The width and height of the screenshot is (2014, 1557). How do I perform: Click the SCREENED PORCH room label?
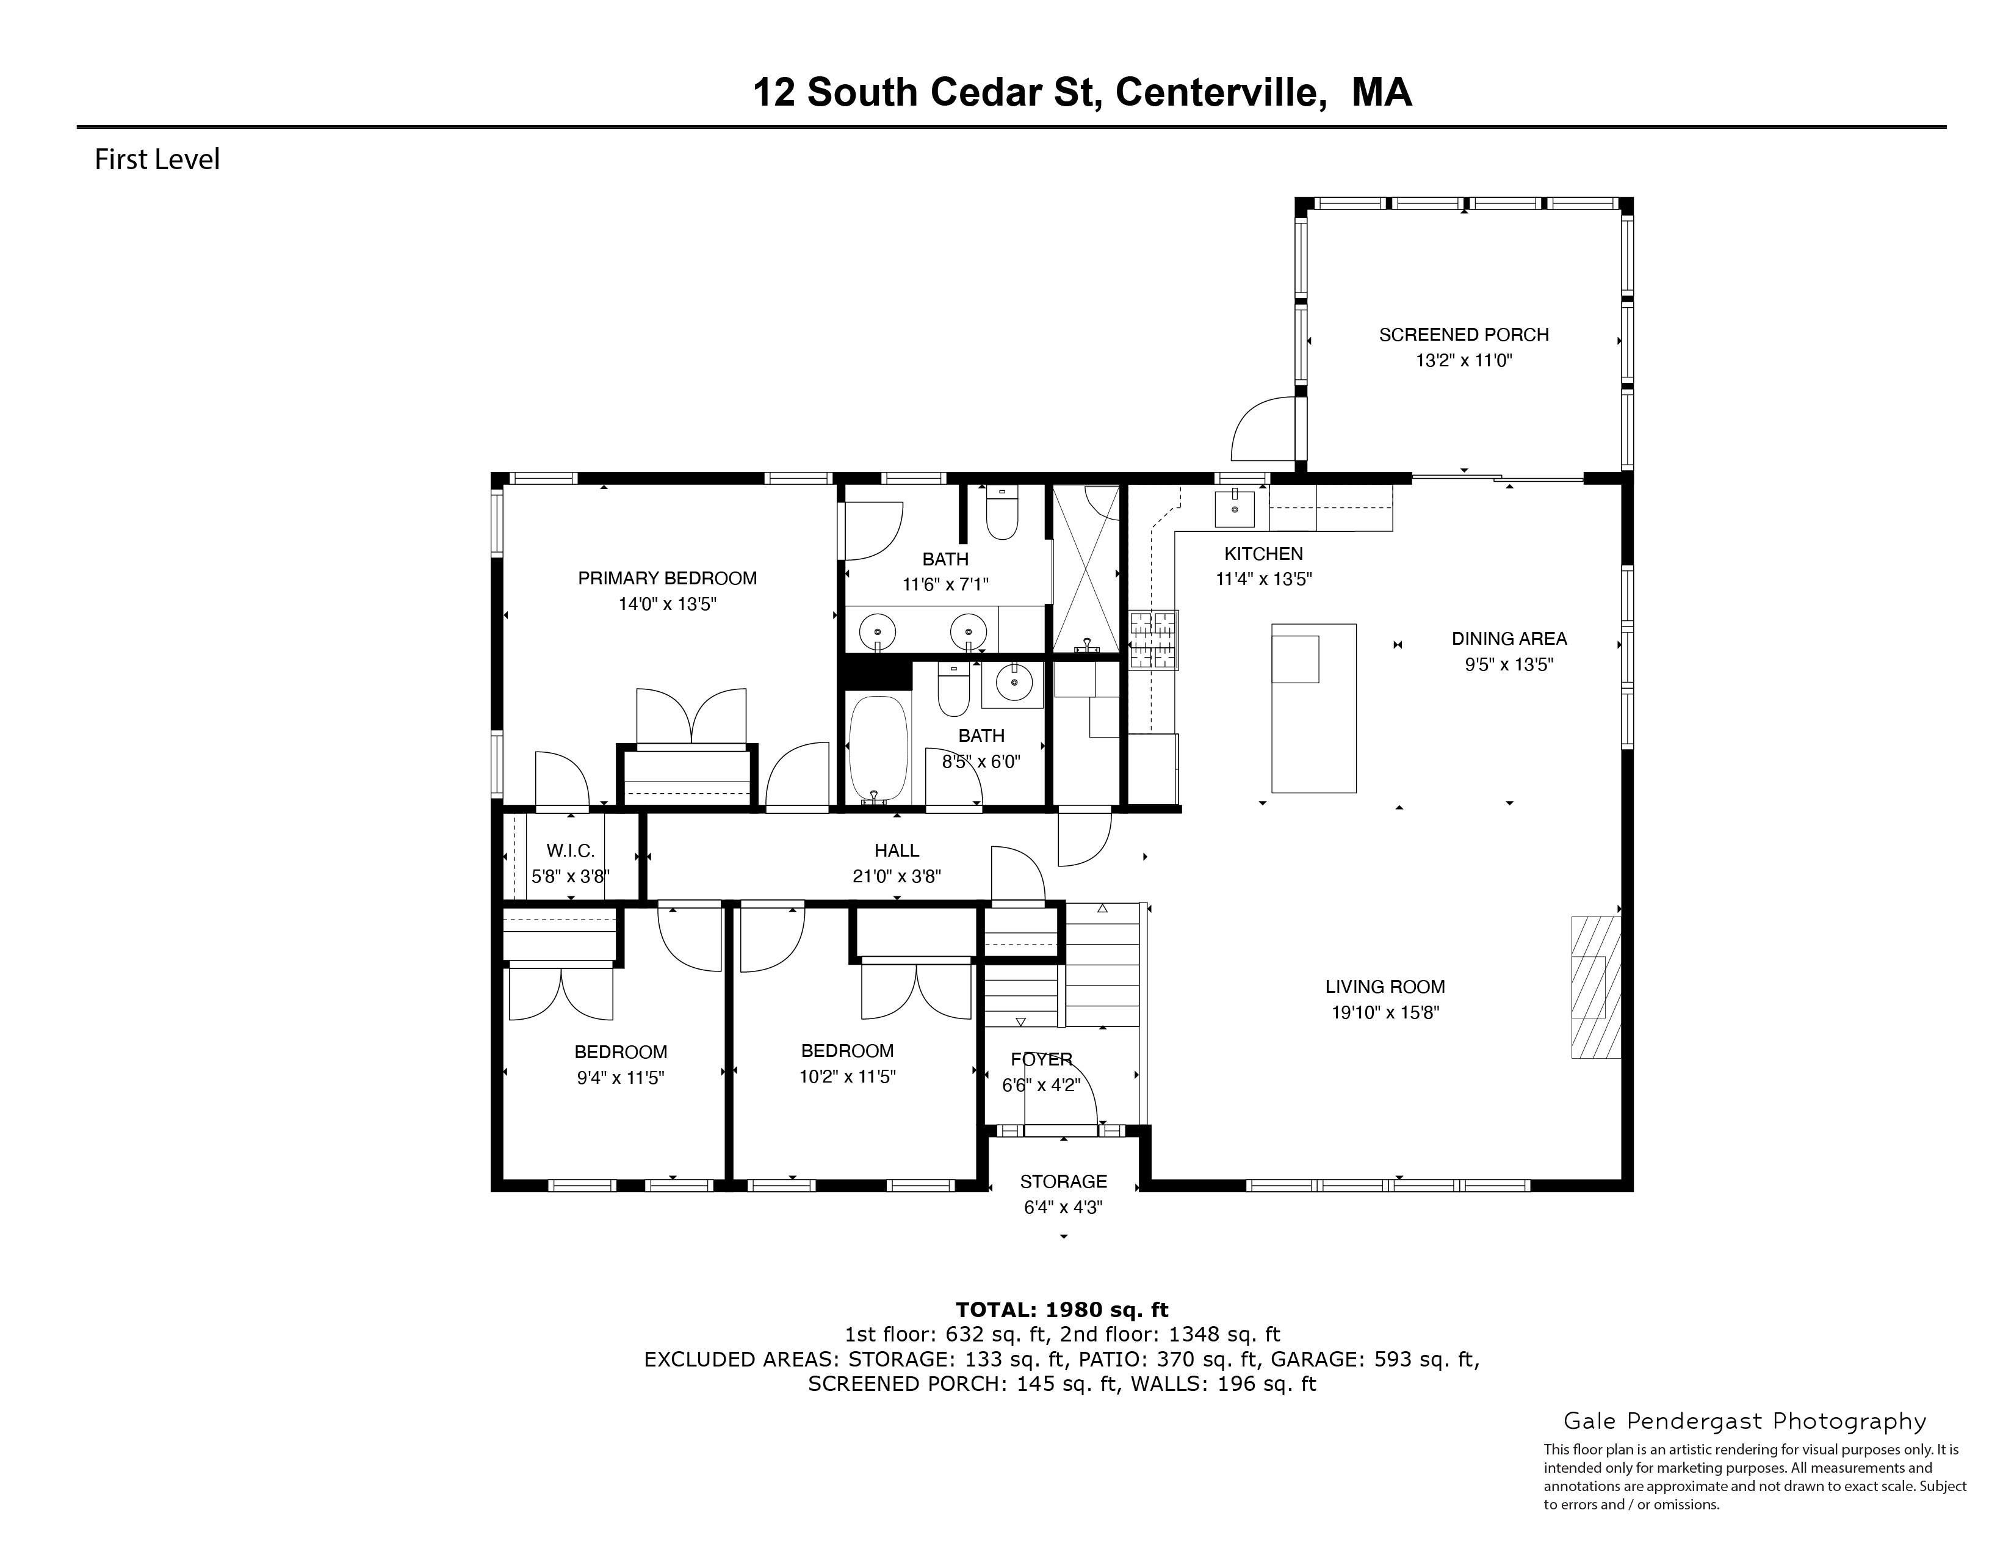[1464, 335]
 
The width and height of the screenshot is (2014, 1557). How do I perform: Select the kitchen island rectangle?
[1313, 708]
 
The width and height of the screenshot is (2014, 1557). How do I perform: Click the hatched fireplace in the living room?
[1595, 986]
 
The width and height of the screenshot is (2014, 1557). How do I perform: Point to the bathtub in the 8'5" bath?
[877, 748]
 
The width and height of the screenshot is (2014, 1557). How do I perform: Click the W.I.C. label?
[570, 851]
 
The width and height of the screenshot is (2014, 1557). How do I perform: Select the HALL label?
[897, 851]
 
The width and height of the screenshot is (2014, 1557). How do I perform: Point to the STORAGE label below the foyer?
[1063, 1181]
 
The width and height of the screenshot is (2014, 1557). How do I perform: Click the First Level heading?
[157, 159]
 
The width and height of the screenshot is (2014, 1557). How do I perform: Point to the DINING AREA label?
[1509, 638]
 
